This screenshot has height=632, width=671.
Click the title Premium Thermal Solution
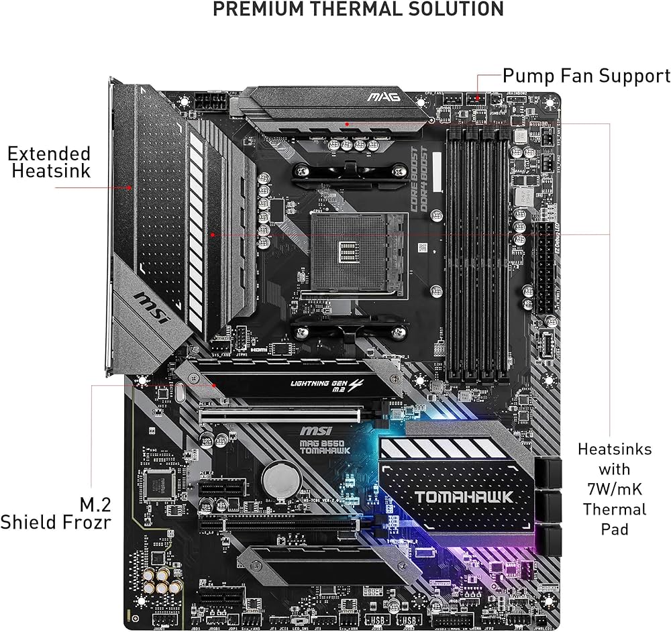[x=358, y=9]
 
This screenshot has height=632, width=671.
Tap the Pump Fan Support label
[x=586, y=76]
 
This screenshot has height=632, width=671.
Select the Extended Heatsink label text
[x=49, y=162]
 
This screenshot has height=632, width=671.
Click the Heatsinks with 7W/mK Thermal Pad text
[x=613, y=488]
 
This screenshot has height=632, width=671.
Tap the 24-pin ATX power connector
[x=544, y=268]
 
